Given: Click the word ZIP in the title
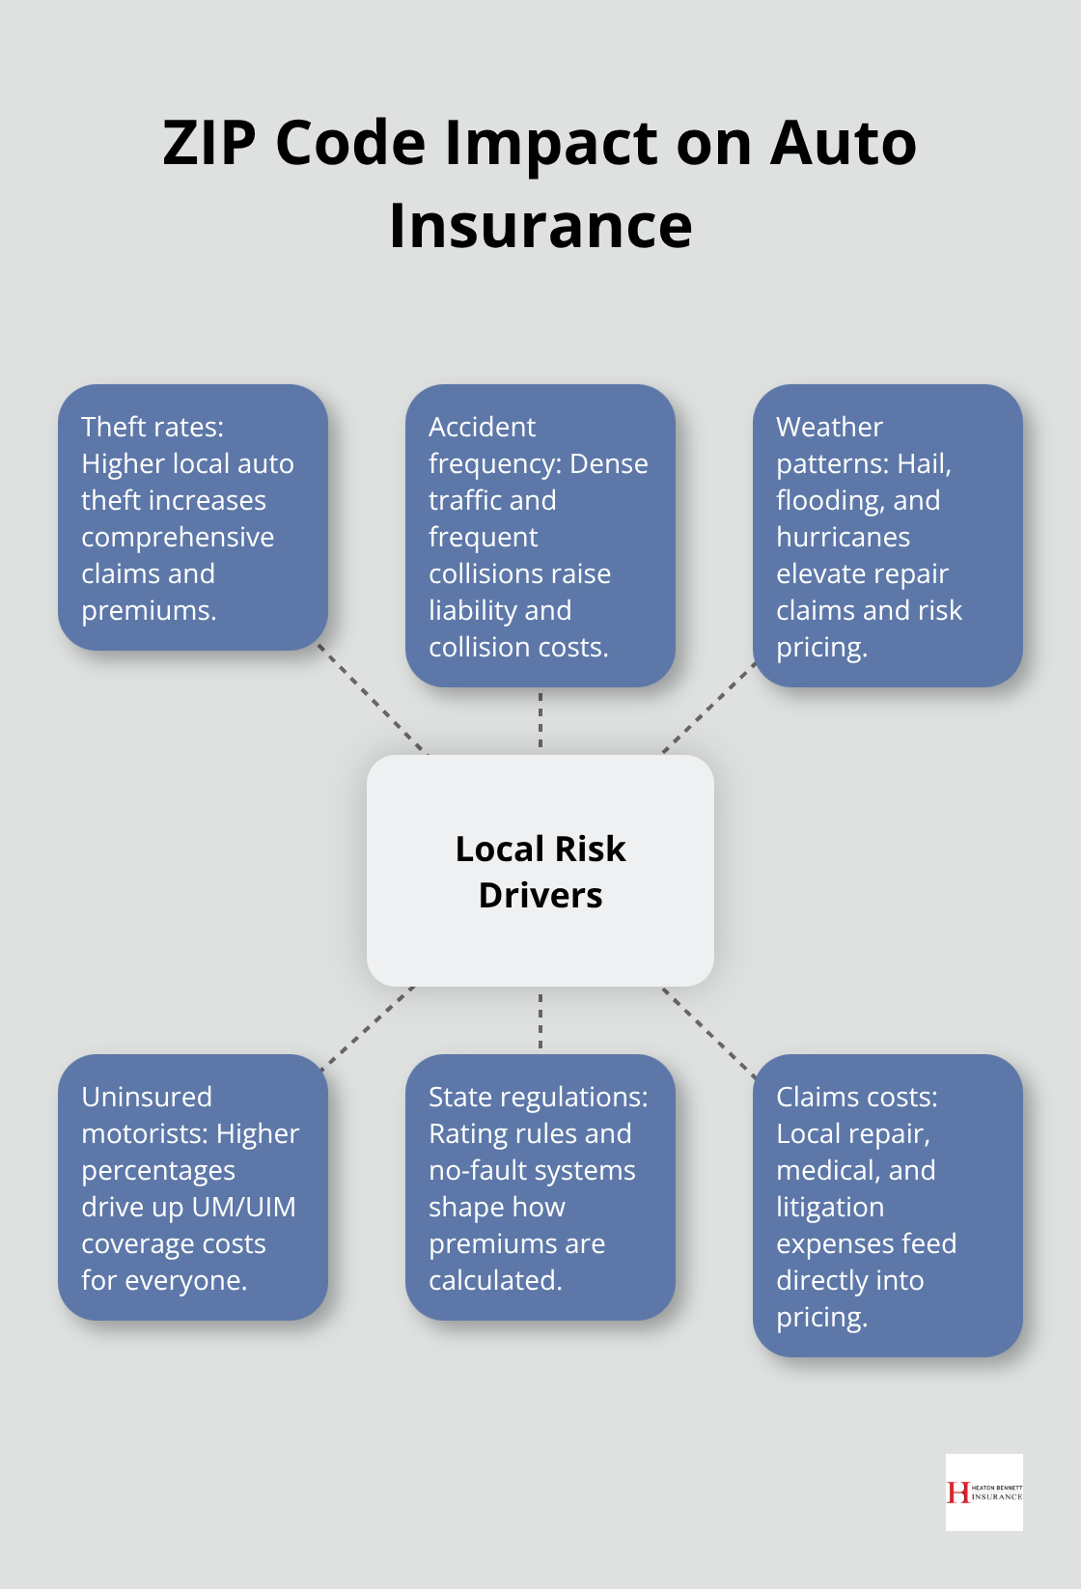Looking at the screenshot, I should pyautogui.click(x=209, y=143).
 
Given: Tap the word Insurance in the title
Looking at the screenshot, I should pyautogui.click(x=540, y=226).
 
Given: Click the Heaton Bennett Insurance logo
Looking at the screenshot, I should pyautogui.click(x=984, y=1492).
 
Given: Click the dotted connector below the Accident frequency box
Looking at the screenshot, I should pyautogui.click(x=540, y=720).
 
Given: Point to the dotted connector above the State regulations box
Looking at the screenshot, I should pyautogui.click(x=540, y=1020).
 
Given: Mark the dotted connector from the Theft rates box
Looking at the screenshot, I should pyautogui.click(x=373, y=701).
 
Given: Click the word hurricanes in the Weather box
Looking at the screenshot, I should pyautogui.click(x=843, y=537).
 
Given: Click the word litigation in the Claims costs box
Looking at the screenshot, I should pyautogui.click(x=829, y=1207).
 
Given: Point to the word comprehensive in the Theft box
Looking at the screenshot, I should pyautogui.click(x=178, y=537).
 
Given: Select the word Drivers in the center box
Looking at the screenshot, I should pyautogui.click(x=540, y=895).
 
